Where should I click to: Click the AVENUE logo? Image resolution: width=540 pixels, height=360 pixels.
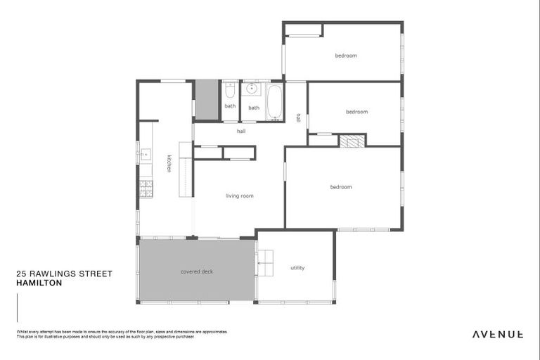[497, 334]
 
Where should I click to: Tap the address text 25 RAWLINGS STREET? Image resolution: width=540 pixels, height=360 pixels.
[64, 274]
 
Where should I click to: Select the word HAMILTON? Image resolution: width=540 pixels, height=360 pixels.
[39, 283]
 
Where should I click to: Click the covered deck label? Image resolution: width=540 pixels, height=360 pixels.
[196, 271]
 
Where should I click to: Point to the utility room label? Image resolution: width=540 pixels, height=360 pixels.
[297, 268]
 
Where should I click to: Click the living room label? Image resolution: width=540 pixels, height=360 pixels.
[239, 196]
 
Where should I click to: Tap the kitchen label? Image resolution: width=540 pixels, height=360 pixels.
[169, 163]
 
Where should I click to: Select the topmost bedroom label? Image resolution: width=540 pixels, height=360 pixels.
[345, 56]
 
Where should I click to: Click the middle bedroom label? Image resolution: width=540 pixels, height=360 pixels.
[356, 112]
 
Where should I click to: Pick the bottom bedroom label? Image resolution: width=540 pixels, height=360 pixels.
[341, 187]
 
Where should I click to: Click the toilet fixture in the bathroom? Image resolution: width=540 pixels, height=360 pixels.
[229, 91]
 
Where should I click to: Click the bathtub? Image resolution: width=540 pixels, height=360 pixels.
[274, 103]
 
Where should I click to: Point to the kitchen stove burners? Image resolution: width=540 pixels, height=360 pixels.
[146, 188]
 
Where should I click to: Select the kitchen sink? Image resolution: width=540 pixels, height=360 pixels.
[145, 154]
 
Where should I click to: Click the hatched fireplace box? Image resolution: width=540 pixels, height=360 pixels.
[352, 141]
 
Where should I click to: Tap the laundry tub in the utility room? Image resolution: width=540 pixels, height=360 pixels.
[266, 262]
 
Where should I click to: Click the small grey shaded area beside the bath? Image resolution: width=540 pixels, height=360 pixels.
[207, 100]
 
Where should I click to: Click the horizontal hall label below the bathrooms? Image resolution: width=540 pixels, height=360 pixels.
[241, 131]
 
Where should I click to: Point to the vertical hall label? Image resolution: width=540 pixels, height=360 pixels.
[299, 117]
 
